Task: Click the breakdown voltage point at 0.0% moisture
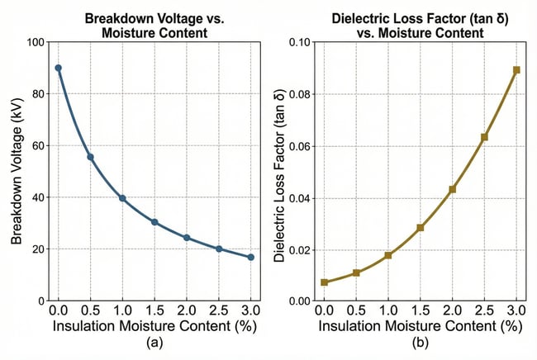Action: (x=58, y=68)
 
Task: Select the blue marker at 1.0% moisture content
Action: (x=122, y=198)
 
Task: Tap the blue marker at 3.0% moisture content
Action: (x=250, y=258)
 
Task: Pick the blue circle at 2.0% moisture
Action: (x=187, y=238)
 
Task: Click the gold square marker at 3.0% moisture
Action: (x=516, y=70)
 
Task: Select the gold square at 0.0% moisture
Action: (x=324, y=282)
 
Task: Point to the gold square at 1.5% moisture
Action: (x=421, y=228)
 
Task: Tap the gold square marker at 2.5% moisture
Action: (x=484, y=137)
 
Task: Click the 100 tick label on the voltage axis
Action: (x=35, y=42)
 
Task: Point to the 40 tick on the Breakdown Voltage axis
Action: (x=38, y=197)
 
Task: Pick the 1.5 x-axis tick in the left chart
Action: (x=154, y=310)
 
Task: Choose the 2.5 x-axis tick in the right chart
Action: (x=484, y=310)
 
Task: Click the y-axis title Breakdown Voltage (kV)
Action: (x=16, y=172)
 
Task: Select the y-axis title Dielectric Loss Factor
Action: (x=278, y=172)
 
